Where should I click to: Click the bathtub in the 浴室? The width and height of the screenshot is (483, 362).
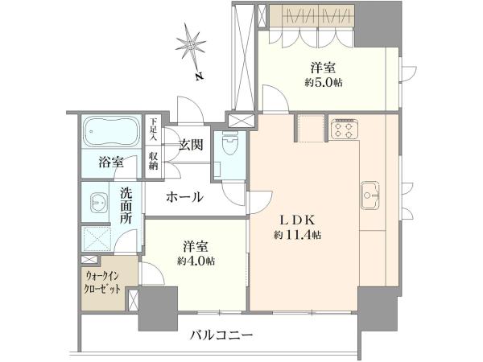[x=111, y=132]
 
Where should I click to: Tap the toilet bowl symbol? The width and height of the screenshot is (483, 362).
[x=229, y=144]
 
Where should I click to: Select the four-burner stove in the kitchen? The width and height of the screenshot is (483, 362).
[x=344, y=130]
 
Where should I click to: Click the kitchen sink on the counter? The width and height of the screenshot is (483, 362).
[x=369, y=195]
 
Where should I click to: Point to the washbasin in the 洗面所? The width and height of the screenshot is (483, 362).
[x=99, y=203]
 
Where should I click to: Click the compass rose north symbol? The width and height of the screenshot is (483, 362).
[x=191, y=46]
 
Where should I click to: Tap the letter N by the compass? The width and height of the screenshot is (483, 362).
[x=200, y=76]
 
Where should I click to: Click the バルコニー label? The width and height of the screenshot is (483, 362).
[x=221, y=335]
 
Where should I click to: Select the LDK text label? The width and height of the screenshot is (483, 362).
[x=297, y=220]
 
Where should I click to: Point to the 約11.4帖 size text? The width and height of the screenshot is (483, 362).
[x=298, y=236]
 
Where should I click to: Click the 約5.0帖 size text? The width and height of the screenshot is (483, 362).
[x=324, y=83]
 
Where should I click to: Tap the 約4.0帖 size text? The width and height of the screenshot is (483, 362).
[x=196, y=261]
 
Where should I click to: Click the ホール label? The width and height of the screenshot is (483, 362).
[x=185, y=197]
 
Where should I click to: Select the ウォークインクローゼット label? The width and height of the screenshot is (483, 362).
[x=103, y=282]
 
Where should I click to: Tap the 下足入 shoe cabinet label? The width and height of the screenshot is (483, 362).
[x=153, y=130]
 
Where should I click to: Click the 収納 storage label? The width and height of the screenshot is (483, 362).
[x=153, y=161]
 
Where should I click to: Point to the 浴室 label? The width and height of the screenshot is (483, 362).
[x=111, y=162]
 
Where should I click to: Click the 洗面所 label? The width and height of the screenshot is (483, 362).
[x=126, y=206]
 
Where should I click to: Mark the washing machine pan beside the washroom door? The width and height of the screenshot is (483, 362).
[x=97, y=239]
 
